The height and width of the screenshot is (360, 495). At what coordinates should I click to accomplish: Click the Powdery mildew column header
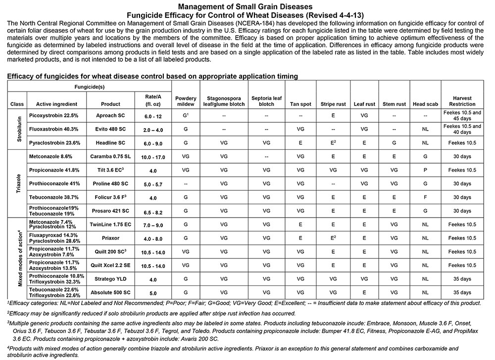pos(186,101)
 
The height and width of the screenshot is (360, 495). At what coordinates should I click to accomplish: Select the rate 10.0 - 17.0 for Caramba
pos(152,156)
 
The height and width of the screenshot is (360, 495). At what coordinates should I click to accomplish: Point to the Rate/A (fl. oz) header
pos(152,100)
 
